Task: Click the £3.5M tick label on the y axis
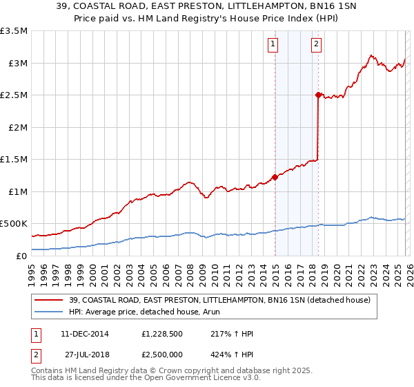point(14,31)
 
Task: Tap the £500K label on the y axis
point(14,223)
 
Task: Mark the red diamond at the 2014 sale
point(275,177)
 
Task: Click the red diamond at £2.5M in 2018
point(318,95)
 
